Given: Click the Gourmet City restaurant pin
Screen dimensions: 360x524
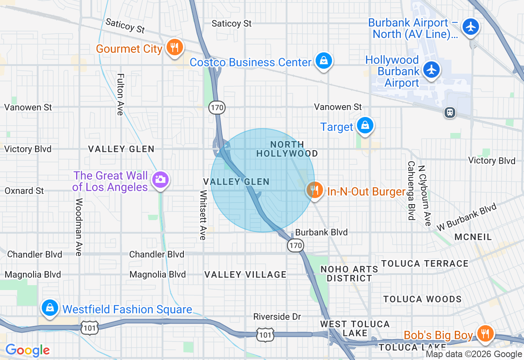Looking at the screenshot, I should click(174, 47).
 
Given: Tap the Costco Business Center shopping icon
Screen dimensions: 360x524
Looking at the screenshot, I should click(324, 61).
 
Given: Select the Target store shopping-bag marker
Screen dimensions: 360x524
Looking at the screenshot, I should click(364, 126).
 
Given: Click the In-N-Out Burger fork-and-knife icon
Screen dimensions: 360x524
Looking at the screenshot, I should click(314, 191).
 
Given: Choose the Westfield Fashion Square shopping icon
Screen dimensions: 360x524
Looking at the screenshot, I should click(50, 307).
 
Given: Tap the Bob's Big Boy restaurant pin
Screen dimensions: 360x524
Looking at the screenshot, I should click(485, 333).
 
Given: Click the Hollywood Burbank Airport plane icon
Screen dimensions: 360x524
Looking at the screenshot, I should click(431, 69).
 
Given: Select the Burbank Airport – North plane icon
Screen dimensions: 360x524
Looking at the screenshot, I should click(471, 27).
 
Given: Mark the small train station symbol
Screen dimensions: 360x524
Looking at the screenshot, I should click(449, 112).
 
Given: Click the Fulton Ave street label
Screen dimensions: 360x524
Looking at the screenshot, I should click(120, 94).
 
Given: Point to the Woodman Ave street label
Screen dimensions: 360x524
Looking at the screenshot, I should click(79, 227).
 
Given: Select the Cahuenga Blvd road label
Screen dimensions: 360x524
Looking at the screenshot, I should click(411, 190).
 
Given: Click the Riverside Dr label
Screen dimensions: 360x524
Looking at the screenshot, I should click(277, 317).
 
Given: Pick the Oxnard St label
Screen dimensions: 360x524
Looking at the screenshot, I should click(24, 191).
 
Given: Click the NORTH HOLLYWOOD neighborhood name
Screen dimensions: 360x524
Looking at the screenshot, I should click(287, 149).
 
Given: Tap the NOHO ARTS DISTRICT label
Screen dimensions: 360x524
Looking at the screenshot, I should click(349, 274).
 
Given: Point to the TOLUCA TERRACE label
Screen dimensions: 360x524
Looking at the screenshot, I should click(425, 263).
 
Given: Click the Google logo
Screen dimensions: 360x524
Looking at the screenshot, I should click(27, 350).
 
